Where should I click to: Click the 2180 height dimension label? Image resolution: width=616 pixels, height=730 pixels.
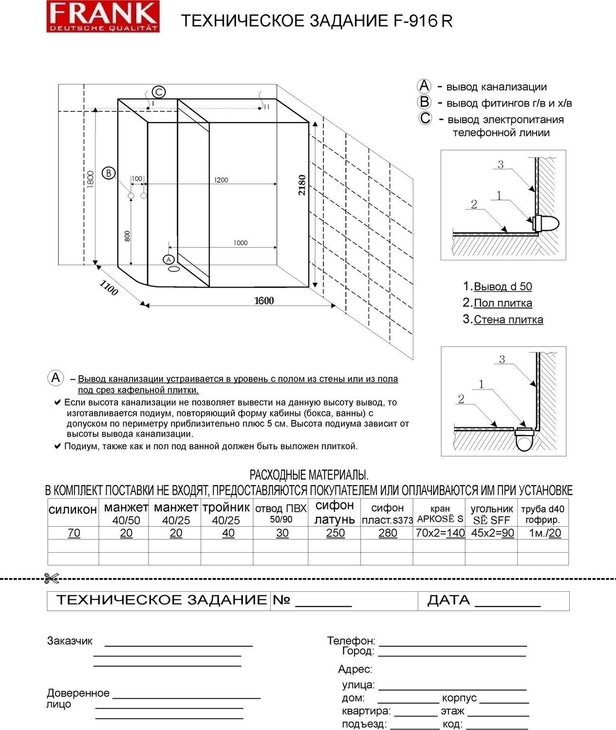coord(302,185)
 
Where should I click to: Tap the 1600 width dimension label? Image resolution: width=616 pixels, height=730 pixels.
coord(264,301)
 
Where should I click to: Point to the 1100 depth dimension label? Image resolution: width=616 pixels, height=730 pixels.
coord(109,288)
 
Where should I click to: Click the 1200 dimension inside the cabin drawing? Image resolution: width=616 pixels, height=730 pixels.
coord(221,180)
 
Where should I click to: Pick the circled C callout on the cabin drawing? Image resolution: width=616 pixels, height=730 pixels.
coord(159,91)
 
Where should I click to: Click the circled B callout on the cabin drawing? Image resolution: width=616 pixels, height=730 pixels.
coord(109,173)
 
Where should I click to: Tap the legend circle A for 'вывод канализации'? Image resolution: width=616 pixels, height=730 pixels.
coord(424,86)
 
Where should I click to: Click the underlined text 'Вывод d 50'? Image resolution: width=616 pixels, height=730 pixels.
coord(503,287)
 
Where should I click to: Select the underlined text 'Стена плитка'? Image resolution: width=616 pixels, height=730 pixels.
coord(508,320)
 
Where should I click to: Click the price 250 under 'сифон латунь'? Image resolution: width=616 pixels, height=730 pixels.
coord(335,533)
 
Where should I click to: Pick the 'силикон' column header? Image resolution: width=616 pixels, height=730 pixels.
coord(73,510)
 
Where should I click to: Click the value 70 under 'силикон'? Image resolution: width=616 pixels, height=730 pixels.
coord(74,533)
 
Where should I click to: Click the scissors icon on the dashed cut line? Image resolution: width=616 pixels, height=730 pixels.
coord(51,579)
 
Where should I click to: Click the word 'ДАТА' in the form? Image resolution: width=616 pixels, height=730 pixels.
coord(448,601)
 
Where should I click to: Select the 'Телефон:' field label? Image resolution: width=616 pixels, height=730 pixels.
coord(351,641)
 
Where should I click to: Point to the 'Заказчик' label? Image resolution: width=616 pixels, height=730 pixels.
coord(70,641)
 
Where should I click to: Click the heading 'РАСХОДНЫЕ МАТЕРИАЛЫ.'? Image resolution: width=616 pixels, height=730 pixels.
coord(309,475)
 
